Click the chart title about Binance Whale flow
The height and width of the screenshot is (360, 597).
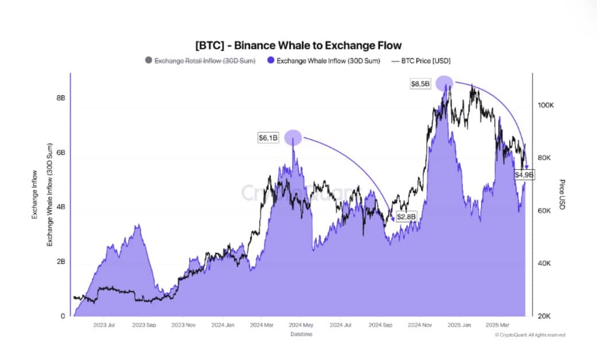298,45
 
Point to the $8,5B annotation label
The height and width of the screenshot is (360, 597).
419,84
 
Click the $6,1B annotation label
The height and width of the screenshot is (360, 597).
268,138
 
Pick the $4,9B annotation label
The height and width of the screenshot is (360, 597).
524,174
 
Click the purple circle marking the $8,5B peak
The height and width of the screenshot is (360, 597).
444,83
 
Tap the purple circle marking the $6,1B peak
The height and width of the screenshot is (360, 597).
292,137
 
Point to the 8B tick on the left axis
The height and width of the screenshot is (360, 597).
60,98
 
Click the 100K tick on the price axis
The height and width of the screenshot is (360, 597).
545,106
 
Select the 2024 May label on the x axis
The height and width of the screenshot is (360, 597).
302,325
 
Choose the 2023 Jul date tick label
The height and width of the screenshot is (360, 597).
104,325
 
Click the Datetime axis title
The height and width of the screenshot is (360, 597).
301,334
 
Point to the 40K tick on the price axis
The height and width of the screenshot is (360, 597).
544,264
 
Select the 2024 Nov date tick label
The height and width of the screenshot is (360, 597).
419,325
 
